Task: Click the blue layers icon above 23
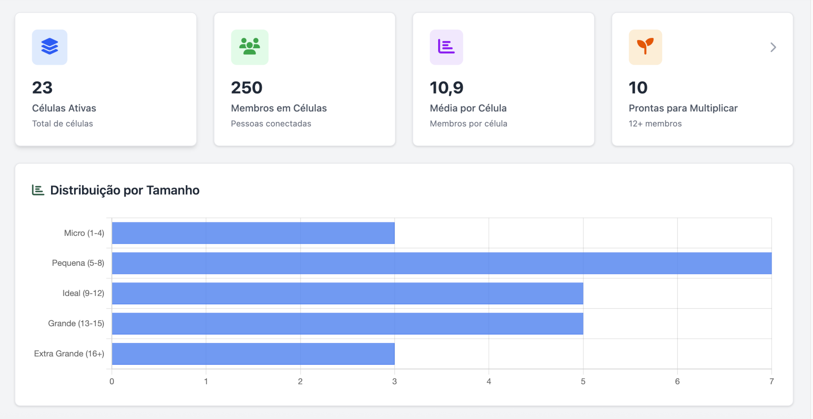click(x=50, y=47)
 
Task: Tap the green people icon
click(x=249, y=47)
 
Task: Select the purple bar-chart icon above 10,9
click(x=446, y=47)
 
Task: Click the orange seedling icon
click(x=645, y=47)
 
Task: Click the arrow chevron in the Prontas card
click(x=773, y=47)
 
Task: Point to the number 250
click(x=246, y=88)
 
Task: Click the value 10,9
click(x=446, y=88)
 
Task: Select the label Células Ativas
click(x=64, y=108)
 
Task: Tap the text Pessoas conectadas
click(x=271, y=124)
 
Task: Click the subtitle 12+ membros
click(x=655, y=124)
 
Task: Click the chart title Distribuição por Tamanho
click(x=124, y=190)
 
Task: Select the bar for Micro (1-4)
click(x=253, y=233)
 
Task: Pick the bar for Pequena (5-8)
click(x=441, y=263)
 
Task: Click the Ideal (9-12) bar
click(x=347, y=293)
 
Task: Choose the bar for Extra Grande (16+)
click(x=253, y=354)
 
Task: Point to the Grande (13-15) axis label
click(x=76, y=323)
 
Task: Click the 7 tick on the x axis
click(x=772, y=381)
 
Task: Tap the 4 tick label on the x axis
click(x=489, y=381)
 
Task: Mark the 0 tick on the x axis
click(x=112, y=381)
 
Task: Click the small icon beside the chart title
click(x=38, y=190)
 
